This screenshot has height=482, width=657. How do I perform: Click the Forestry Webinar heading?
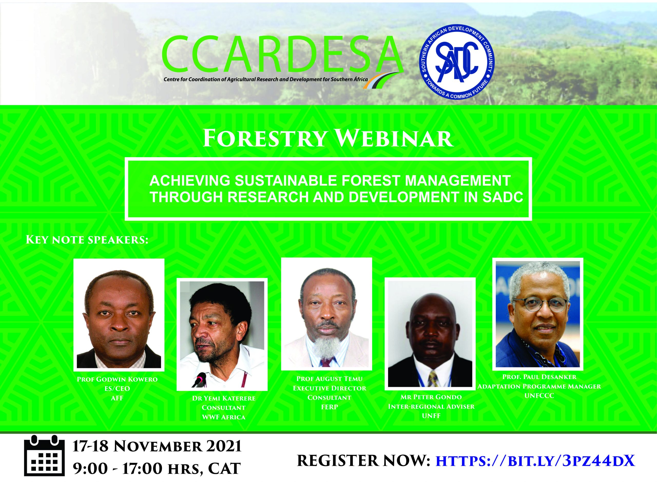pos(328,139)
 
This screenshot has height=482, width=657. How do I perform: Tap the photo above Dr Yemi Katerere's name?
pos(222,334)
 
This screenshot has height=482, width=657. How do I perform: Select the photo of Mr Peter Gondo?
pos(430,334)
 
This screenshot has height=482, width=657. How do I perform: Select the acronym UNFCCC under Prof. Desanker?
pos(539,396)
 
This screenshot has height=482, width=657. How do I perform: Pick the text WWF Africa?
pos(224,417)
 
